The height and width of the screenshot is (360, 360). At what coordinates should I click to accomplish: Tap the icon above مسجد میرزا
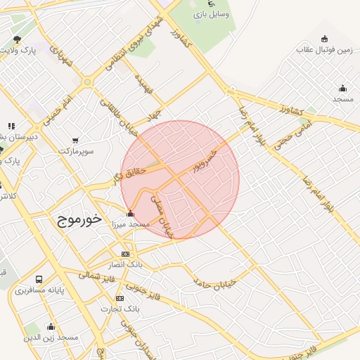click(x=130, y=214)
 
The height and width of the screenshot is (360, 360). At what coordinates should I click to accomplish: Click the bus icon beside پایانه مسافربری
click(x=38, y=279)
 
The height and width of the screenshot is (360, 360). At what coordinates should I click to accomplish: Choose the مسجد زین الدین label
click(x=50, y=337)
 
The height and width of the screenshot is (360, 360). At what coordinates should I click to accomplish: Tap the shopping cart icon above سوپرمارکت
click(x=75, y=140)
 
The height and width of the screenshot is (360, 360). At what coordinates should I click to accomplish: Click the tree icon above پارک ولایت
click(x=17, y=39)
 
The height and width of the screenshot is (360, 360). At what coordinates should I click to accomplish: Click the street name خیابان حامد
click(x=214, y=281)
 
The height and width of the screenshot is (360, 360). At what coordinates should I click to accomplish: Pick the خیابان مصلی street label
click(x=162, y=215)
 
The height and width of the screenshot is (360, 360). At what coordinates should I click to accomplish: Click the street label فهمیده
click(x=146, y=84)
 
